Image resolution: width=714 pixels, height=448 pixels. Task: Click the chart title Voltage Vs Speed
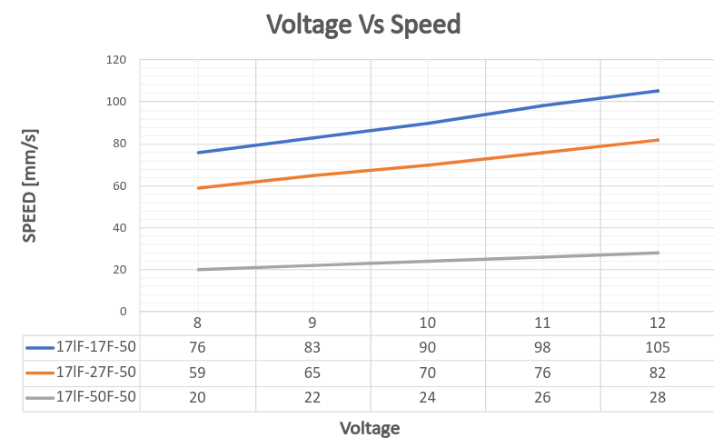coord(363,25)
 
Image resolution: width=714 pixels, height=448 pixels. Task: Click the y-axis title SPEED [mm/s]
coord(30,185)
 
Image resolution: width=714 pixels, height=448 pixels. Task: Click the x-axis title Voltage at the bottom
coord(370,427)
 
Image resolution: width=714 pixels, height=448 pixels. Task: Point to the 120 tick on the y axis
coord(117,60)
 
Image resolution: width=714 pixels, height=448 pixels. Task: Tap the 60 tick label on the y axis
coord(120,185)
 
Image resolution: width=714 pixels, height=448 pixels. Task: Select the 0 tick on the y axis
coord(124,312)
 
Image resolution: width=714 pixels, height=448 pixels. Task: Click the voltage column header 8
coord(198,324)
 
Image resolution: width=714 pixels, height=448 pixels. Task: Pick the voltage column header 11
coord(543,324)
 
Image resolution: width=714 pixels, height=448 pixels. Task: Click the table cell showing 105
coord(658,347)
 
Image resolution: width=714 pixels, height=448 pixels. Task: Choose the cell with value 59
coord(198,373)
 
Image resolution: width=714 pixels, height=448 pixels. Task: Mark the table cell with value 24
coord(428,397)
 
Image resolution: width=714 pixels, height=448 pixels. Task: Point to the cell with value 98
coord(543,347)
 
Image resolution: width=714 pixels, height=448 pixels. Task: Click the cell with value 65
coord(313,373)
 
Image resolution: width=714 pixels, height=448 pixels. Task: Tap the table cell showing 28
coord(658,397)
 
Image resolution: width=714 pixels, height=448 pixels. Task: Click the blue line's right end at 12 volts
coord(658,91)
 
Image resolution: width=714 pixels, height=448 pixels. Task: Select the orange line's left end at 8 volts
coord(198,188)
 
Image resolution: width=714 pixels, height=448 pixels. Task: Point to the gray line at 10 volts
coord(428,261)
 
